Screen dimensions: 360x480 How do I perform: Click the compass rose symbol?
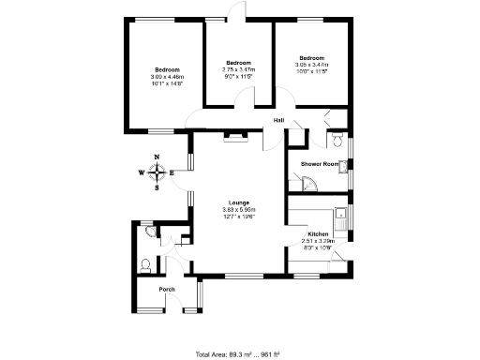click(x=157, y=172)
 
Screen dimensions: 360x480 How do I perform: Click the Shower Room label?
click(x=318, y=164)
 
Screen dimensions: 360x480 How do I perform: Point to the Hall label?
click(x=279, y=121)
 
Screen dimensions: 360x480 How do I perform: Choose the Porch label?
click(x=167, y=290)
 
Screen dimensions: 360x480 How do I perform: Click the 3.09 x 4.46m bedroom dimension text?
click(x=168, y=77)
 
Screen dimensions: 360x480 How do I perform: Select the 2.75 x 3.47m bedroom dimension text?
click(x=238, y=69)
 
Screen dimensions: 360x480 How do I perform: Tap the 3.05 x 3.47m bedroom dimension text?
click(x=311, y=64)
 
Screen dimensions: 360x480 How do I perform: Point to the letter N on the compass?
click(x=157, y=158)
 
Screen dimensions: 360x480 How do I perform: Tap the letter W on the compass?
click(x=142, y=172)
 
